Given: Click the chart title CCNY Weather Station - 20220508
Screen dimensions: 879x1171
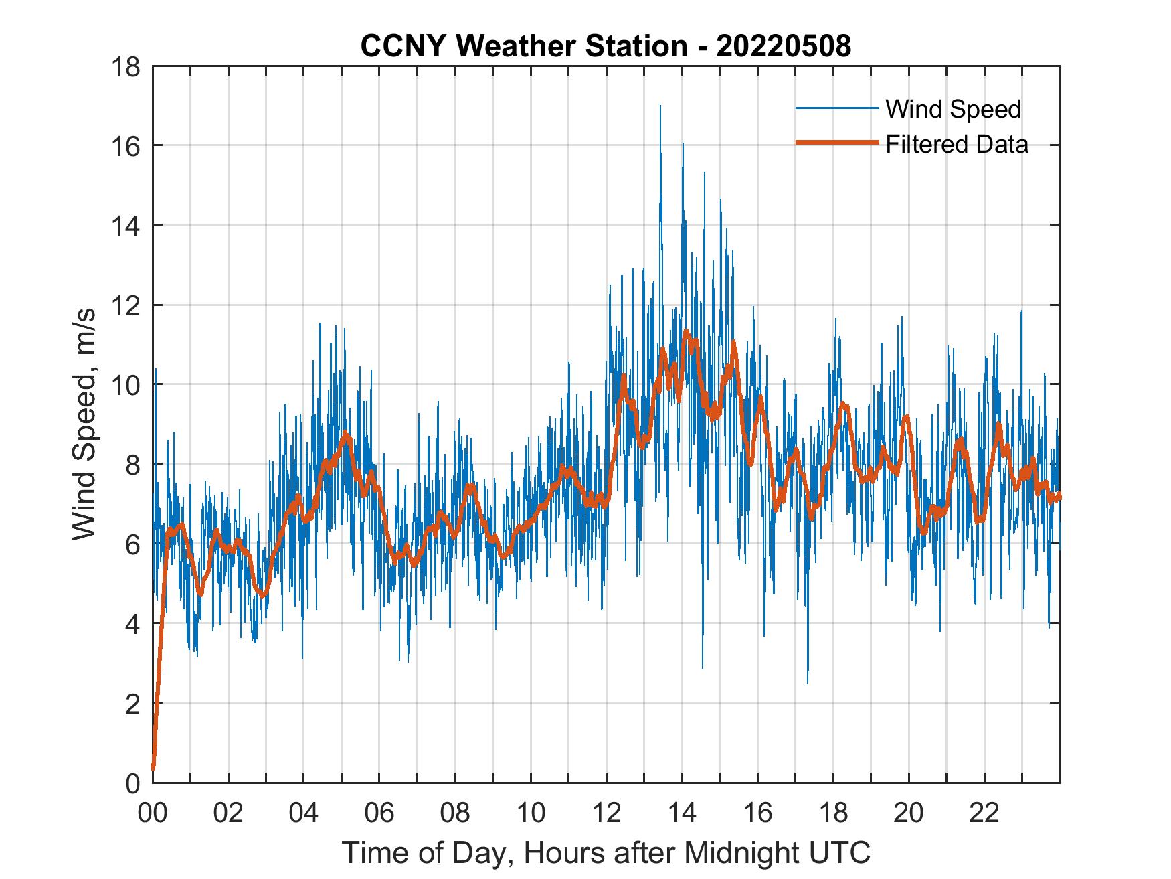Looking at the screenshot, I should pyautogui.click(x=606, y=46).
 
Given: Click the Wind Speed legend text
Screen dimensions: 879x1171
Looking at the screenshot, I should pyautogui.click(x=953, y=109).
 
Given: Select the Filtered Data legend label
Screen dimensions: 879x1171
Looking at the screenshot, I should pyautogui.click(x=956, y=144).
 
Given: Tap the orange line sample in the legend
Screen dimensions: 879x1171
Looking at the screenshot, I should pyautogui.click(x=837, y=143).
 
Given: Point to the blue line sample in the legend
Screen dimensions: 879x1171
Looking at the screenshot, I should pyautogui.click(x=837, y=108).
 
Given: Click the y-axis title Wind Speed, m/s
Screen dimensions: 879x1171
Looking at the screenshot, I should pyautogui.click(x=85, y=424).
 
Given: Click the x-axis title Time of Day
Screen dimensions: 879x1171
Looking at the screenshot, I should pyautogui.click(x=606, y=852).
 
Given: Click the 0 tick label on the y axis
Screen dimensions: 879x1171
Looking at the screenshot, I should pyautogui.click(x=133, y=783).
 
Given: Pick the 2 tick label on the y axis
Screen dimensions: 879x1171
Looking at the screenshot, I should pyautogui.click(x=133, y=704).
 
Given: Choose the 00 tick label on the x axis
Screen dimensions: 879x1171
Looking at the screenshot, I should pyautogui.click(x=153, y=813).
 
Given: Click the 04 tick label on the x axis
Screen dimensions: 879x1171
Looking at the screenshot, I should pyautogui.click(x=304, y=813).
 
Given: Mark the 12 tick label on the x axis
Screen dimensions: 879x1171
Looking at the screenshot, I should pyautogui.click(x=606, y=813).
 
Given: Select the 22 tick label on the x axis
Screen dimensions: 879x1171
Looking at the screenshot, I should pyautogui.click(x=984, y=813).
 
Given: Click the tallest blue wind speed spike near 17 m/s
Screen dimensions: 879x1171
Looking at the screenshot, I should pyautogui.click(x=660, y=107).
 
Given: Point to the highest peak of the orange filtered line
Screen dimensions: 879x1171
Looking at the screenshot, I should pyautogui.click(x=686, y=331).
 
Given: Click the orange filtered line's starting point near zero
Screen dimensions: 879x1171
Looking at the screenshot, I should pyautogui.click(x=153, y=768).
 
